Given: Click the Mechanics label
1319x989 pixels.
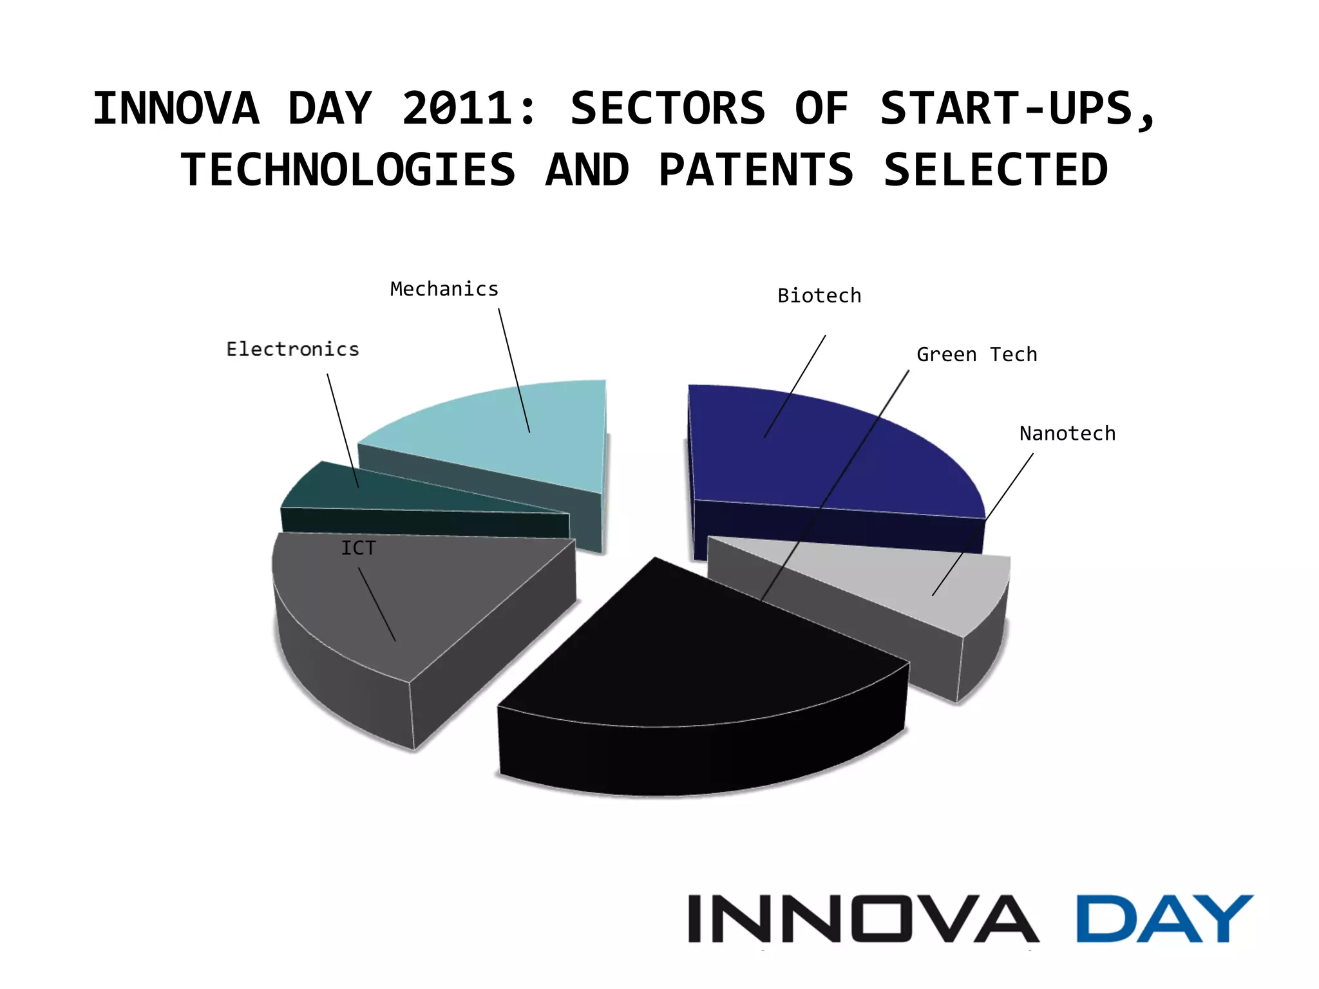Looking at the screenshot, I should tap(444, 289).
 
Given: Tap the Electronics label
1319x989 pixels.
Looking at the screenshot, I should tap(292, 349).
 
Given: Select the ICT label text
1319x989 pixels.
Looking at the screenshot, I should tap(358, 548).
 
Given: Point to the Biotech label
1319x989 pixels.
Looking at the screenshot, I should tap(819, 296).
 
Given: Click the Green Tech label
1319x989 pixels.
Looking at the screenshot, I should tap(976, 355).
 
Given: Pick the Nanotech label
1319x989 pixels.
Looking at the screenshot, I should tap(1067, 433).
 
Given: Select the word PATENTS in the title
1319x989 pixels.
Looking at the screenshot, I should tap(755, 170).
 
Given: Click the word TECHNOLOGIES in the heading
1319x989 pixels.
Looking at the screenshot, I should tap(348, 170).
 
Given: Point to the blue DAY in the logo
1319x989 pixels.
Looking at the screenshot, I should tap(1164, 918).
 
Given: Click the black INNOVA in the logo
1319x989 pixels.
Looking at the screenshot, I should tap(863, 918).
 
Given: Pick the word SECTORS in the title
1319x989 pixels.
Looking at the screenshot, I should tap(668, 108).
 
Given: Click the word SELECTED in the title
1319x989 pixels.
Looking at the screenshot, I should tap(996, 170).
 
